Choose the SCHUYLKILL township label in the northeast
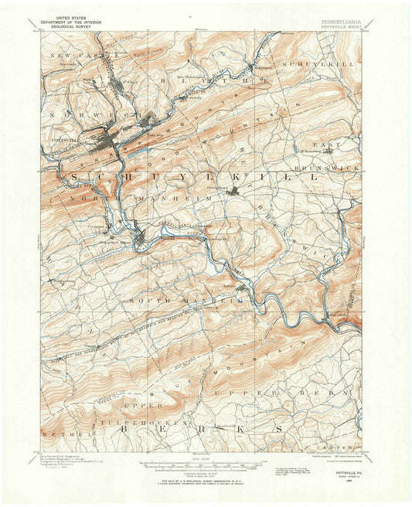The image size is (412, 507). pyautogui.click(x=316, y=63)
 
